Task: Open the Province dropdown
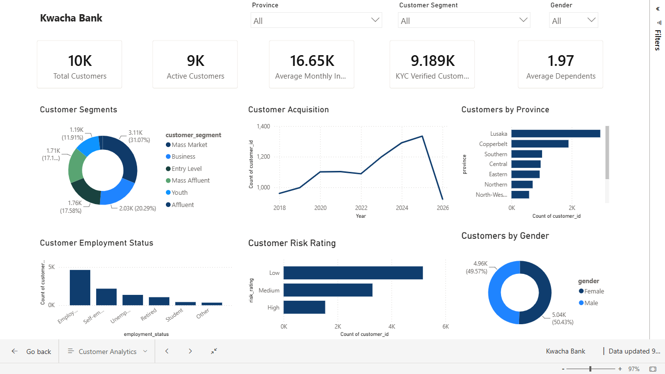click(316, 20)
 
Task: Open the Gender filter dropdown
click(573, 20)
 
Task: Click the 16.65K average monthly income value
click(312, 61)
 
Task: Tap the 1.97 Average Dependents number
click(561, 61)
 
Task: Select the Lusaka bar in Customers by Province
click(556, 134)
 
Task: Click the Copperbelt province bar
click(540, 144)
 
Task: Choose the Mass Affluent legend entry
click(188, 180)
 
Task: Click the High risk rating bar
click(304, 307)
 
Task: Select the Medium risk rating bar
click(328, 290)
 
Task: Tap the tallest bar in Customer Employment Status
click(80, 288)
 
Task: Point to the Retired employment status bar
click(159, 301)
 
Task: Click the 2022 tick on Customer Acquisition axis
click(361, 208)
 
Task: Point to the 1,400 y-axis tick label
click(263, 126)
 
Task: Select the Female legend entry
click(591, 291)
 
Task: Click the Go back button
click(31, 352)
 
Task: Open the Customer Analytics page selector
click(107, 352)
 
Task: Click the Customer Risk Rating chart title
click(292, 243)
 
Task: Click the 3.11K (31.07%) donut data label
click(139, 136)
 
